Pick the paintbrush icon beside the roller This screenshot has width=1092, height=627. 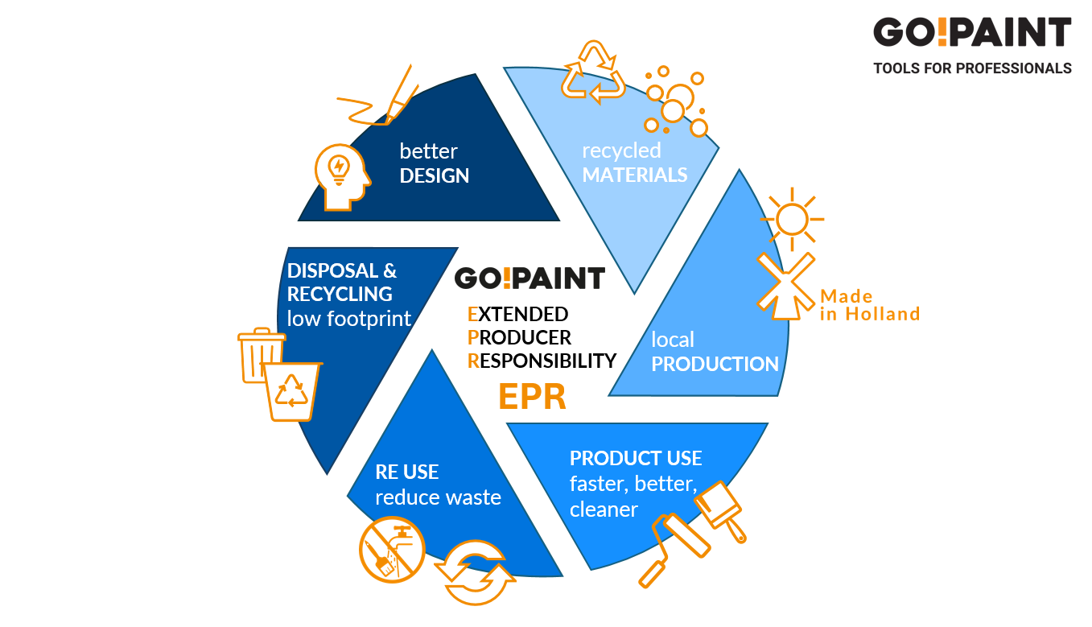click(721, 507)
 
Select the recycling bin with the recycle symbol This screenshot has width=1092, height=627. click(293, 390)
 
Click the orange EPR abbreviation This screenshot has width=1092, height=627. click(532, 397)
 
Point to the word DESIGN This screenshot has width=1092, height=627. click(435, 175)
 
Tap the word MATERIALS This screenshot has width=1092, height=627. click(635, 175)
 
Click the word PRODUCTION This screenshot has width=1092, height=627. click(715, 364)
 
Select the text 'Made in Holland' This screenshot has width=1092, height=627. click(869, 305)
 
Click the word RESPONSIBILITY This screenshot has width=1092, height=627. click(542, 361)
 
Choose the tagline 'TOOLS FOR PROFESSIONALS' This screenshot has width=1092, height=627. click(972, 68)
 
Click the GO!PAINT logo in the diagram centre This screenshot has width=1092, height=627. click(530, 278)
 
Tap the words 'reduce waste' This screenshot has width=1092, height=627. click(438, 497)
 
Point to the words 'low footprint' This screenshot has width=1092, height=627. click(349, 319)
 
